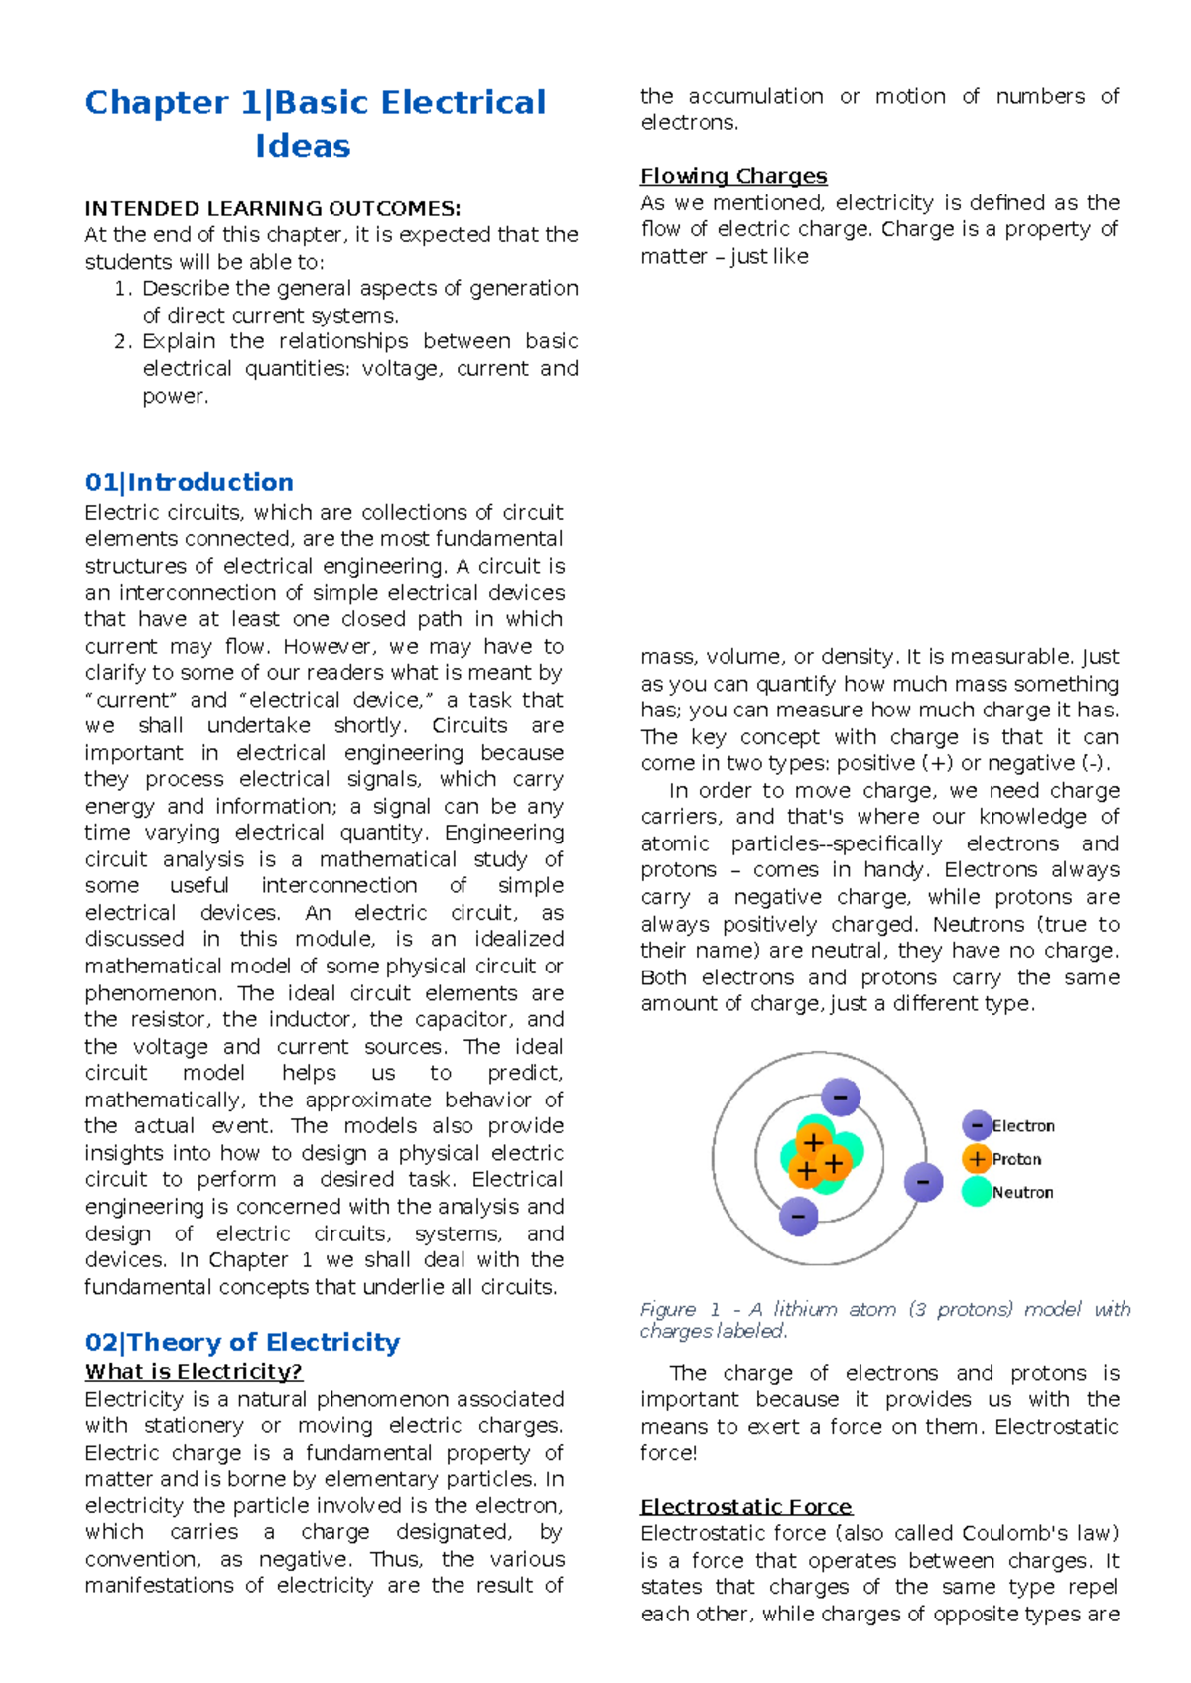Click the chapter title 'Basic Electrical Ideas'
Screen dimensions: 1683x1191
pyautogui.click(x=315, y=123)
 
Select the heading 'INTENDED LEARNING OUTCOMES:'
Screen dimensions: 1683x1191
pyautogui.click(x=272, y=208)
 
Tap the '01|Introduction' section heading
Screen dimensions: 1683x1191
pyautogui.click(x=189, y=482)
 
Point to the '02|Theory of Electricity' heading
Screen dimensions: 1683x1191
pyautogui.click(x=242, y=1342)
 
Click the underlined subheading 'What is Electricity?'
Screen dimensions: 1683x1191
pyautogui.click(x=194, y=1371)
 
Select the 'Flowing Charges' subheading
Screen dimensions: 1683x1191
pyautogui.click(x=732, y=176)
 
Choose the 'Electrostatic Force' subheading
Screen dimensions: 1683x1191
pyautogui.click(x=745, y=1506)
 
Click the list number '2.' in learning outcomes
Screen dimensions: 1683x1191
pyautogui.click(x=123, y=341)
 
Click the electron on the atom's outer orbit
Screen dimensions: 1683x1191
pyautogui.click(x=923, y=1182)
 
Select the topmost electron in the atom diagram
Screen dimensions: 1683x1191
pyautogui.click(x=841, y=1097)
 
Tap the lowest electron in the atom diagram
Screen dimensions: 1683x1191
pyautogui.click(x=798, y=1216)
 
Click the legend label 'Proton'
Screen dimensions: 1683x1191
pyautogui.click(x=1016, y=1159)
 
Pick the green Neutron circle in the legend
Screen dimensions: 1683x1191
pyautogui.click(x=977, y=1192)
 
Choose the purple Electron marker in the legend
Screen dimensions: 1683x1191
pyautogui.click(x=977, y=1125)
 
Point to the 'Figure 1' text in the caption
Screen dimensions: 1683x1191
pyautogui.click(x=680, y=1309)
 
